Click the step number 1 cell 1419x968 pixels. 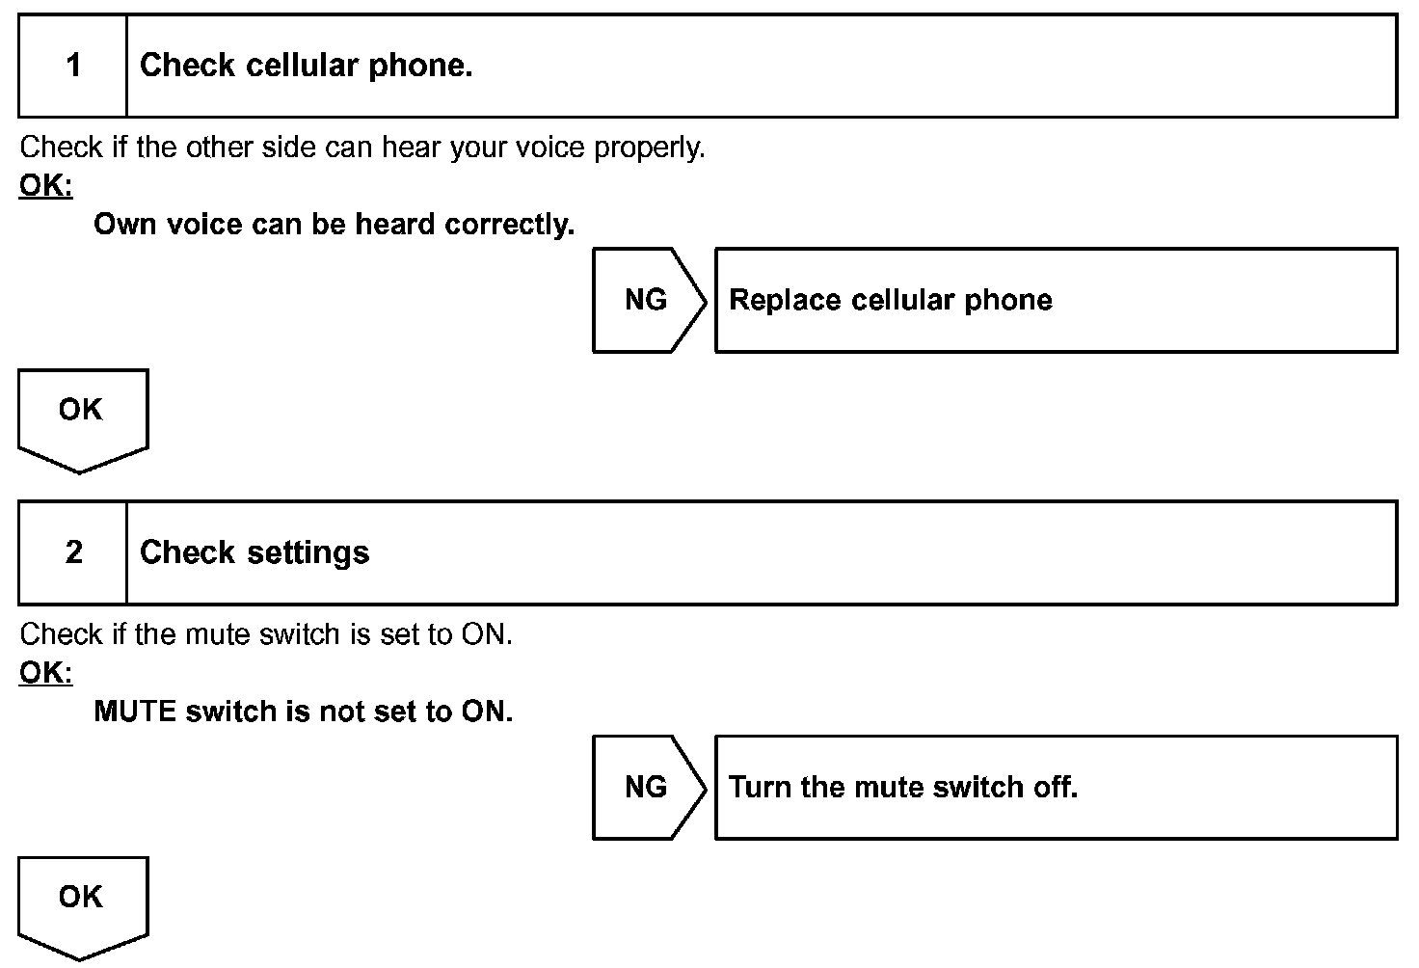pos(73,66)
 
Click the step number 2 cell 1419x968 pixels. pos(73,552)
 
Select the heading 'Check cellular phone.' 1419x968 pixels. pos(306,66)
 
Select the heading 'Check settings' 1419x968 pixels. pos(254,552)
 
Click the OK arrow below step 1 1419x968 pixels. pos(82,416)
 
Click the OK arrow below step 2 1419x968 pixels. pos(82,902)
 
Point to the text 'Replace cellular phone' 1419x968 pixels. pos(890,300)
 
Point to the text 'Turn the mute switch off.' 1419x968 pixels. pos(902,787)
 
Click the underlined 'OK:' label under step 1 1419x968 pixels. pos(45,185)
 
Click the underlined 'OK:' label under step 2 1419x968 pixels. pos(45,672)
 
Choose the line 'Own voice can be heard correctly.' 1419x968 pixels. pos(334,225)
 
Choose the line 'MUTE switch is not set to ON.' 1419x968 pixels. pos(303,712)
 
